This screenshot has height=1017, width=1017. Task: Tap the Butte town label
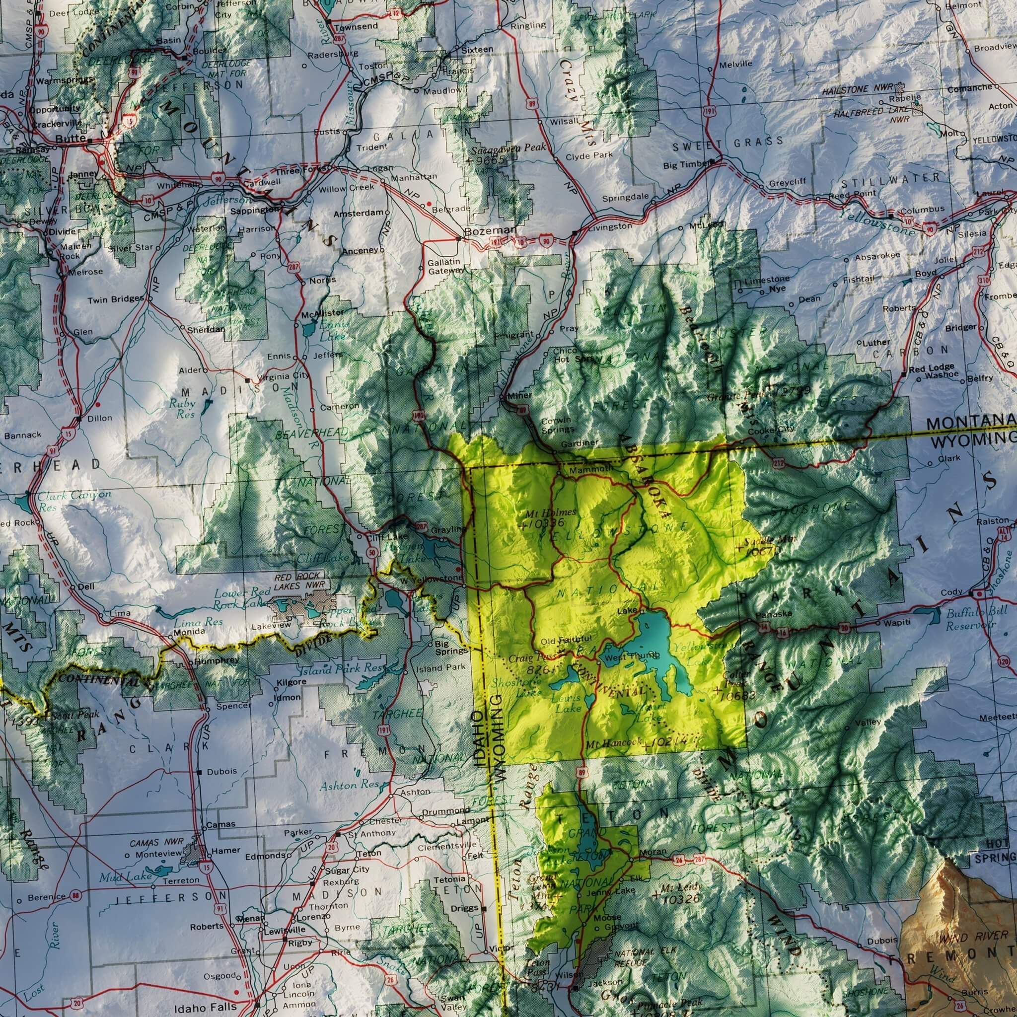point(71,139)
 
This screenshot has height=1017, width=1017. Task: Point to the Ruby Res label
point(182,409)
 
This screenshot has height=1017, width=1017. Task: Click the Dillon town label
point(99,419)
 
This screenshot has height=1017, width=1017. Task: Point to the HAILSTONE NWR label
point(859,90)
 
